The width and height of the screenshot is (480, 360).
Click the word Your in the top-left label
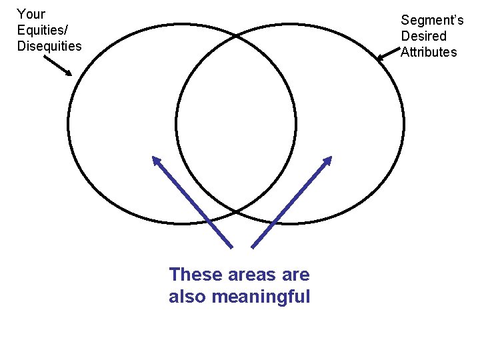(x=31, y=14)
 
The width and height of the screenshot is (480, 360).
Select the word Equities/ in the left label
(x=43, y=30)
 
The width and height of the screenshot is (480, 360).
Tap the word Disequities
(x=49, y=46)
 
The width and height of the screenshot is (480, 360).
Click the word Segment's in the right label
(x=432, y=21)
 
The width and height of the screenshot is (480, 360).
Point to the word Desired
(x=423, y=36)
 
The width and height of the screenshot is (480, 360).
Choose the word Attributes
(x=429, y=52)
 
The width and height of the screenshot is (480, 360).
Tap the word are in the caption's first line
(x=297, y=275)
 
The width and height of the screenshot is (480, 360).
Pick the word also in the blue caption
(x=187, y=297)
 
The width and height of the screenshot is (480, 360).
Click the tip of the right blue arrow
(x=330, y=158)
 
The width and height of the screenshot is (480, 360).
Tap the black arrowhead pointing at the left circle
(x=68, y=73)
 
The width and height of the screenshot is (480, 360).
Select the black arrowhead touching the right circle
(x=380, y=59)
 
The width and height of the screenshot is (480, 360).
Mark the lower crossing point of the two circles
(x=236, y=212)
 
